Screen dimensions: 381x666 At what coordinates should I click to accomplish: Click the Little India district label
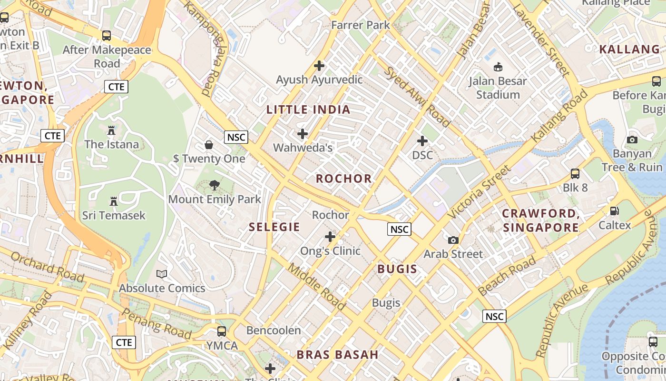[308, 110]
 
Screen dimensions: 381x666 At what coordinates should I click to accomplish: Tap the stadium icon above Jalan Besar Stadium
[498, 67]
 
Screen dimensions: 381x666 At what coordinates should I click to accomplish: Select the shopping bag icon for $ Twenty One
[209, 144]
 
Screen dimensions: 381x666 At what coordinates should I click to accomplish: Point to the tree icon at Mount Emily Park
[215, 185]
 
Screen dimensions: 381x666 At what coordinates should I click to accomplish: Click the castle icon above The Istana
[111, 130]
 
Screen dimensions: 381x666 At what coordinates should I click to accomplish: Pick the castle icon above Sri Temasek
[114, 201]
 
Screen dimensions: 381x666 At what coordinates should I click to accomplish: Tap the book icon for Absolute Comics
[162, 274]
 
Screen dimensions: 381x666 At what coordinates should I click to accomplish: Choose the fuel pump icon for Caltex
[615, 211]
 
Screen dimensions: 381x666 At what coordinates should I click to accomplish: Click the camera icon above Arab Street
[453, 240]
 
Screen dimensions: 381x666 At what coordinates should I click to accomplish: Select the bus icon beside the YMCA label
[222, 331]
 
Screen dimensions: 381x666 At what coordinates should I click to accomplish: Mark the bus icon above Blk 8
[575, 173]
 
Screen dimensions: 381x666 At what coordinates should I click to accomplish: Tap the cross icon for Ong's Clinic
[330, 236]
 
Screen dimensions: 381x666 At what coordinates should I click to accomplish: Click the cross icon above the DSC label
[422, 141]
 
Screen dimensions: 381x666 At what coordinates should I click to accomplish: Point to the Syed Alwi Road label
[417, 97]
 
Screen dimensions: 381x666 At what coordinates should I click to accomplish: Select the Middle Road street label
[317, 285]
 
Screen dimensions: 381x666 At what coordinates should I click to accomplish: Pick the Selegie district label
[274, 227]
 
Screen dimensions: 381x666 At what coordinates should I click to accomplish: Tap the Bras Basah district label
[338, 355]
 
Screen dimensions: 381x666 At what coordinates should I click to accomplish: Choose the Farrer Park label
[361, 25]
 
